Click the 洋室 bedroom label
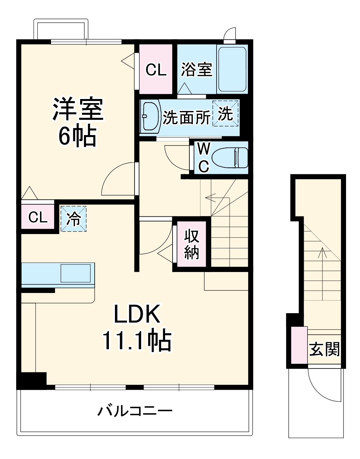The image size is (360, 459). (x=78, y=109)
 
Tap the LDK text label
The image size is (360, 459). (x=136, y=314)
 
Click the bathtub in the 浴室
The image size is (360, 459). (x=232, y=69)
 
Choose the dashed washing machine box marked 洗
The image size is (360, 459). (x=225, y=114)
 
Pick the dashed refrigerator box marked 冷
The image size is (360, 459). (x=73, y=219)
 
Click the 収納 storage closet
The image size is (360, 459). (x=192, y=244)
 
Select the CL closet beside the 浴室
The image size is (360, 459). (x=156, y=69)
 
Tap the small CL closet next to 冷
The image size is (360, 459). (x=38, y=217)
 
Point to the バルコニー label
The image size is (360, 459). (x=135, y=411)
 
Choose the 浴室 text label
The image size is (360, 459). (x=196, y=69)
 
